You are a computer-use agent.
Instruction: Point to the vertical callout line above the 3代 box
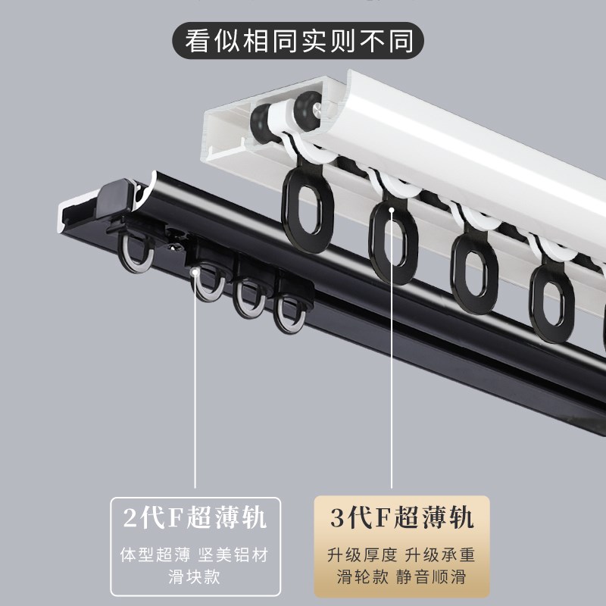392,379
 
